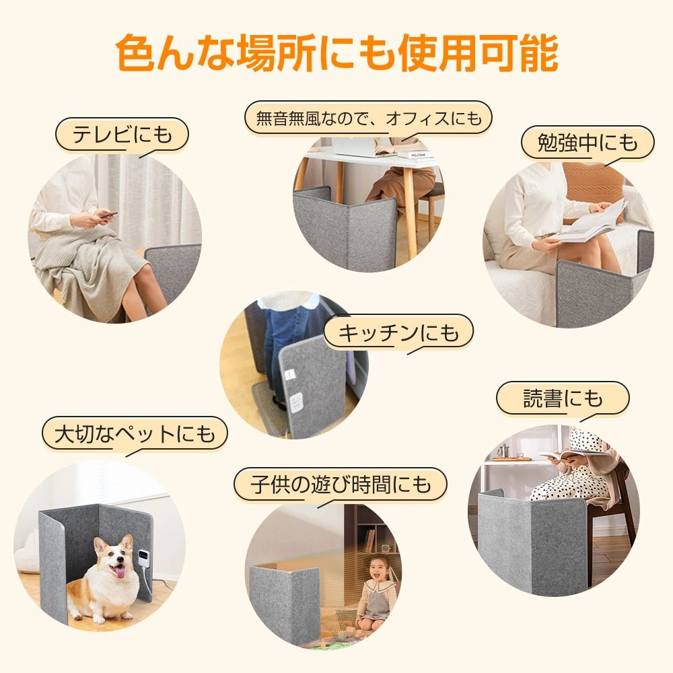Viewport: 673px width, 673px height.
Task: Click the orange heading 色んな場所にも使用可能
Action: pos(337,53)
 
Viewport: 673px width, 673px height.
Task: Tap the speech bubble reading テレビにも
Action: pos(122,135)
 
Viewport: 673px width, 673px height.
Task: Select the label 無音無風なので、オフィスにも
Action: pos(369,118)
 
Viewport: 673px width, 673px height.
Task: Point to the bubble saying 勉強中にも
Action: pos(588,143)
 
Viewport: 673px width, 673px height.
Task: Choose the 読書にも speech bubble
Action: pos(563,398)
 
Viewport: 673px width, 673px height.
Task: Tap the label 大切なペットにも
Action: pos(135,433)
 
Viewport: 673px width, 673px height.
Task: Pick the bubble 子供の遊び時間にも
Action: pos(341,485)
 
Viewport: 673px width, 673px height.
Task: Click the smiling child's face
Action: pos(378,568)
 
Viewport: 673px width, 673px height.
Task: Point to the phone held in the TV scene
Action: pos(107,214)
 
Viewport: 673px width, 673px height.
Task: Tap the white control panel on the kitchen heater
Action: pos(295,402)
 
